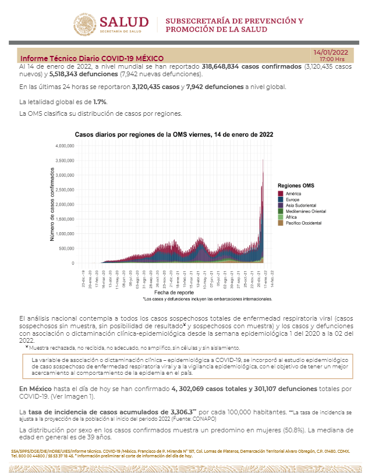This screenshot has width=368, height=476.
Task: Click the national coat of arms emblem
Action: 85,24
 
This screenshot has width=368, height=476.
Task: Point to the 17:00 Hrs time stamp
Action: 332,59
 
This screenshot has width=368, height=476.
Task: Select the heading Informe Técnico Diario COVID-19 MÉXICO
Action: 91,59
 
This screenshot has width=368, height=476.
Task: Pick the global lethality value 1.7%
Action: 84,102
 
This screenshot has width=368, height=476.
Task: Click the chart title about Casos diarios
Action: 174,134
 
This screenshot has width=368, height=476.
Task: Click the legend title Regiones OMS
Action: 296,186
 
